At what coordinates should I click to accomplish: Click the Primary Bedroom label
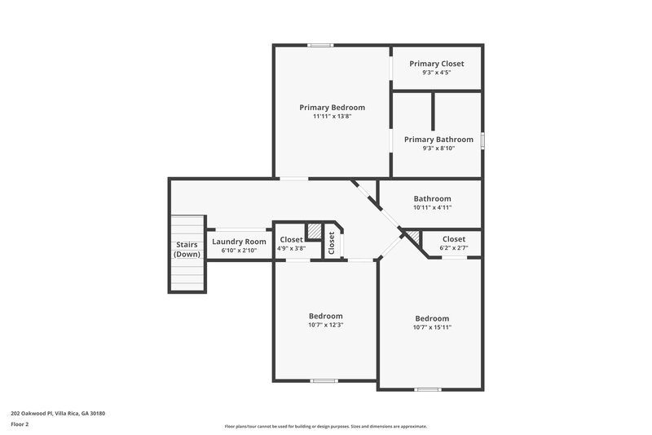[x=332, y=107]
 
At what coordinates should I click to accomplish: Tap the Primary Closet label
[x=437, y=64]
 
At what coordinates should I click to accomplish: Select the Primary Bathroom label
[x=438, y=140]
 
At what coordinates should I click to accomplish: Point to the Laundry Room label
[x=239, y=242]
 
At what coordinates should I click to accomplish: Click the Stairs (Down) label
[x=187, y=249]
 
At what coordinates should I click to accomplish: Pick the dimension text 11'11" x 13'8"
[x=332, y=117]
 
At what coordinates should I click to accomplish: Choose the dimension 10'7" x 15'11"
[x=432, y=327]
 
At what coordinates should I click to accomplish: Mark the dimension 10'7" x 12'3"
[x=325, y=325]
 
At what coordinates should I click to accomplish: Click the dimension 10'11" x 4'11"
[x=432, y=207]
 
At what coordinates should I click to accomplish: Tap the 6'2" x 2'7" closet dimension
[x=454, y=248]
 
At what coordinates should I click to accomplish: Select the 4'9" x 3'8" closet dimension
[x=291, y=248]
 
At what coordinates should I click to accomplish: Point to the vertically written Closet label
[x=332, y=242]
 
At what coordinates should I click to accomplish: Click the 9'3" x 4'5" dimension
[x=437, y=73]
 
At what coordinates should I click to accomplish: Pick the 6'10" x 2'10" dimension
[x=239, y=251]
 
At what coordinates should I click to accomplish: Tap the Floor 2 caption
[x=20, y=424]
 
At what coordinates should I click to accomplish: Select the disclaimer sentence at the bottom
[x=326, y=426]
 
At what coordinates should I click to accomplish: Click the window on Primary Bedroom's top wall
[x=320, y=45]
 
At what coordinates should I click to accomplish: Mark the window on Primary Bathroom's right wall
[x=482, y=140]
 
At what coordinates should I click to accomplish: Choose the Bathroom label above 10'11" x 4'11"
[x=432, y=198]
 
